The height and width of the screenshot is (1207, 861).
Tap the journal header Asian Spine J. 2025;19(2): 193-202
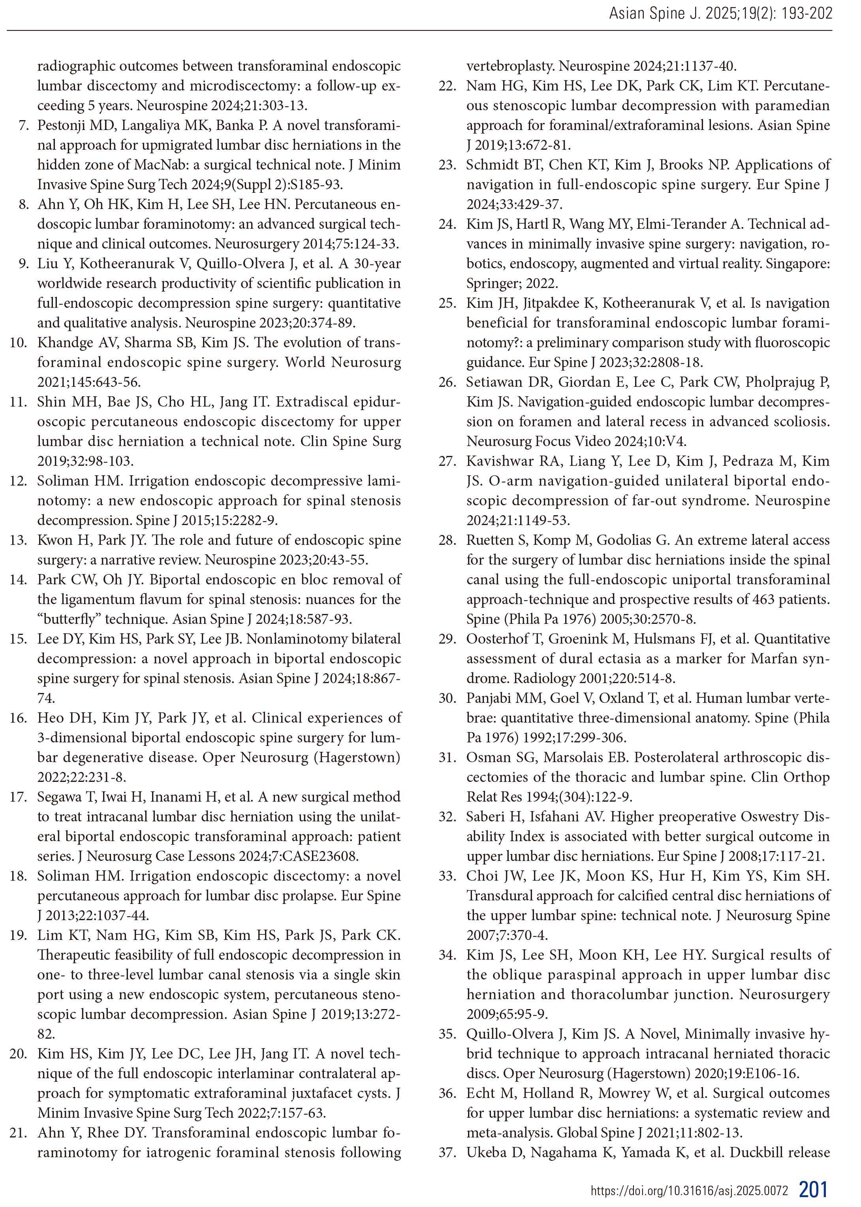point(720,14)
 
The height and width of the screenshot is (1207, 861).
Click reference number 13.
point(19,540)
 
